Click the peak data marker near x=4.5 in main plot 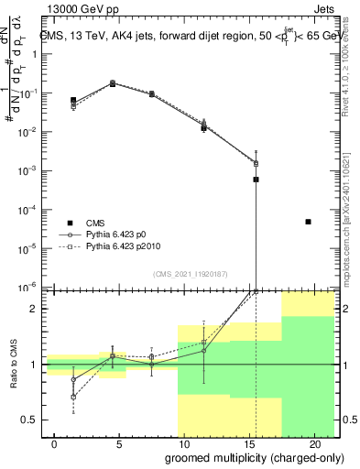(x=113, y=83)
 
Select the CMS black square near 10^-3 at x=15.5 (x=256, y=180)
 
